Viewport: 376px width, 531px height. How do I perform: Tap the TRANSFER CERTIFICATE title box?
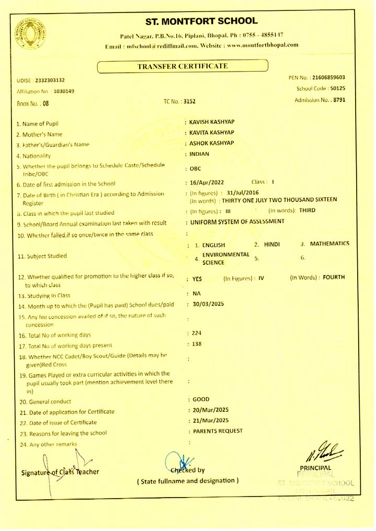pos(182,66)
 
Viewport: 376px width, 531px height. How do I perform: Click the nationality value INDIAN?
pos(199,154)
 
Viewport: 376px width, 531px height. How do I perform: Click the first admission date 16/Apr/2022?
pos(207,182)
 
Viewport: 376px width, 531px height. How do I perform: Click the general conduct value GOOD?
pos(201,399)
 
